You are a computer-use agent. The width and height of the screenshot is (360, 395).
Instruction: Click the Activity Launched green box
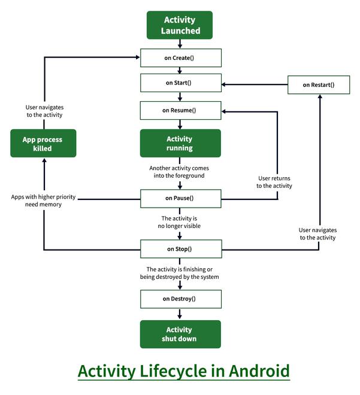180,25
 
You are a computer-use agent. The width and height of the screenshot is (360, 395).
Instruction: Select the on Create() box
180,58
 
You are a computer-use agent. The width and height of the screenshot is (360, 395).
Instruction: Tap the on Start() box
180,83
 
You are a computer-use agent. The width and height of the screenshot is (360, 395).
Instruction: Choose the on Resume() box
180,110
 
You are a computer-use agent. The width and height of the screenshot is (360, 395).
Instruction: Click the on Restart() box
319,85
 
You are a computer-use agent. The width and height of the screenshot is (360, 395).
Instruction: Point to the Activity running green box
180,143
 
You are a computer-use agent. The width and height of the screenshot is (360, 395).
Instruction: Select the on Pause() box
180,197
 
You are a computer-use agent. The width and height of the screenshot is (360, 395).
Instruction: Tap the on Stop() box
180,248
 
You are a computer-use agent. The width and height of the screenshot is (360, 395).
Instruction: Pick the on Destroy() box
180,298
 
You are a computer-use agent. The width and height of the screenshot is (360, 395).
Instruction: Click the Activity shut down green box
180,334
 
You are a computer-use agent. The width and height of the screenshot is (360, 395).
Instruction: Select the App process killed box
43,144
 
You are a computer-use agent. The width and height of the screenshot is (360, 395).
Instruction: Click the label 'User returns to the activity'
274,182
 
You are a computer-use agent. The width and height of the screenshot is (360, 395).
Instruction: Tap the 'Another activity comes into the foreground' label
179,172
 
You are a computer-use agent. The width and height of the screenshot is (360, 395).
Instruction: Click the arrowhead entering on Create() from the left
137,57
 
